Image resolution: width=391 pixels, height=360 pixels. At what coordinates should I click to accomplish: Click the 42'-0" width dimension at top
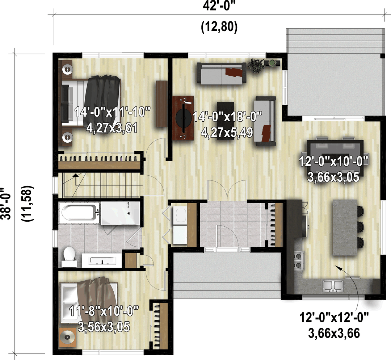[x=219, y=6]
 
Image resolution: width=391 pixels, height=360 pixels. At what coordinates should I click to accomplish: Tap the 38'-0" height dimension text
[x=5, y=204]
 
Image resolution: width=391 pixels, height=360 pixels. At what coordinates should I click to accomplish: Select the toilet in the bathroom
[x=69, y=257]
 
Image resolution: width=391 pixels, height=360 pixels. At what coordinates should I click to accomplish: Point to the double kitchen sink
[x=333, y=286]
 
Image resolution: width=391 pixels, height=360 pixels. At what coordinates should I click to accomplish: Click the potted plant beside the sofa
[x=256, y=66]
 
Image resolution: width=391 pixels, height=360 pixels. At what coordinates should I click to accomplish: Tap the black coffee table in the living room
[x=225, y=121]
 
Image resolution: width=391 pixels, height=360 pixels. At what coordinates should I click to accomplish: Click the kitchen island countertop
[x=345, y=227]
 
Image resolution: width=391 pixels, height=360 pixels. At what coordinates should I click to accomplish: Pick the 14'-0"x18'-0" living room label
[x=227, y=124]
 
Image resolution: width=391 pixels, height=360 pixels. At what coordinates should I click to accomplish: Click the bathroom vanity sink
[x=102, y=260]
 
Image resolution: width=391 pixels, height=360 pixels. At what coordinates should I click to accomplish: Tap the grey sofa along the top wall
[x=222, y=73]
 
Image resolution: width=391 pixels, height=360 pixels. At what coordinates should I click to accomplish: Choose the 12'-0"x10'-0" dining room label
[x=334, y=169]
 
